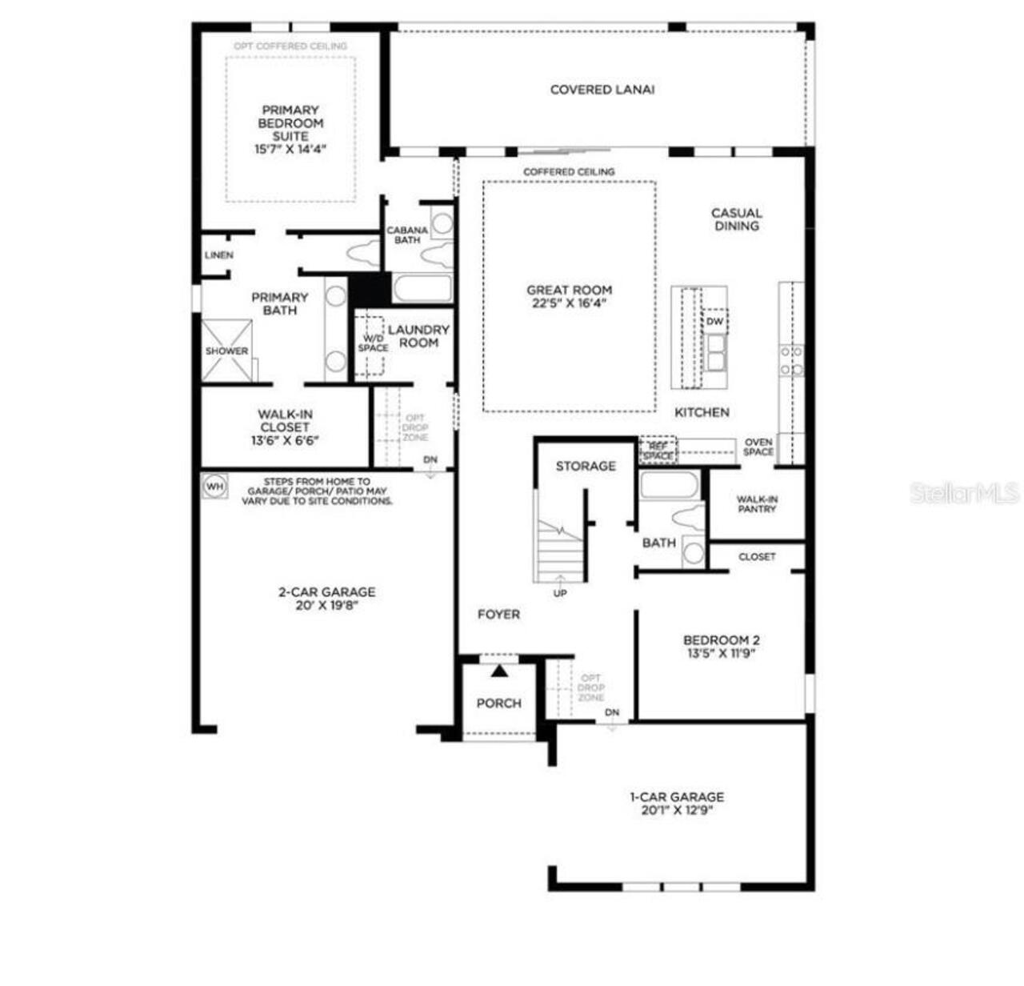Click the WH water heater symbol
(x=214, y=486)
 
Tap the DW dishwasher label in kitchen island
(x=714, y=322)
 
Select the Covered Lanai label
(x=602, y=90)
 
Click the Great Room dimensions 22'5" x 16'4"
(x=569, y=303)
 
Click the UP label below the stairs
(x=560, y=593)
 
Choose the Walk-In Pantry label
(x=757, y=503)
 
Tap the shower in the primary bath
(x=226, y=351)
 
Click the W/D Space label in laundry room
(x=373, y=343)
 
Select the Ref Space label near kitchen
(x=658, y=451)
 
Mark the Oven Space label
(x=758, y=447)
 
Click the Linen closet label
(x=218, y=255)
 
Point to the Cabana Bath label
(x=407, y=234)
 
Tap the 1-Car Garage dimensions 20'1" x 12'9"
(x=676, y=810)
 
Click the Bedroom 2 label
(x=721, y=639)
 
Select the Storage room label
(x=586, y=466)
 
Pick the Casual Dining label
(x=736, y=219)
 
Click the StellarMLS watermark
(x=964, y=492)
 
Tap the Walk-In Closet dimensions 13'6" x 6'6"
(x=285, y=440)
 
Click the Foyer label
(x=498, y=614)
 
